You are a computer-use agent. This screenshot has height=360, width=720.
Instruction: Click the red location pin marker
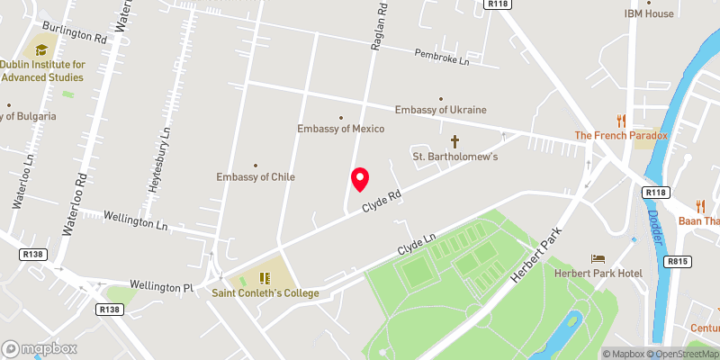[360, 179]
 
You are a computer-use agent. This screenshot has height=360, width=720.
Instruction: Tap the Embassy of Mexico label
[341, 129]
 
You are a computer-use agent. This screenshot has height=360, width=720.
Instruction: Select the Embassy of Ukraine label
[441, 110]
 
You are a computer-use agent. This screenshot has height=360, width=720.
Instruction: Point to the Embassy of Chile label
[256, 176]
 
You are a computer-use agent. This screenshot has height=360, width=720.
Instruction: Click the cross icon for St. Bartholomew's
[454, 141]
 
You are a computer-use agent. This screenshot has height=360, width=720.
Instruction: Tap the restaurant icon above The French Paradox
[621, 121]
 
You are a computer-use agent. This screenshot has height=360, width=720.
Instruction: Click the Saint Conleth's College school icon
[265, 277]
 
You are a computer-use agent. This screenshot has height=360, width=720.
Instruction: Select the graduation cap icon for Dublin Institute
[41, 49]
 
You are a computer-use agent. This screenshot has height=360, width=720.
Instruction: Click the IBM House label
[649, 13]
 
